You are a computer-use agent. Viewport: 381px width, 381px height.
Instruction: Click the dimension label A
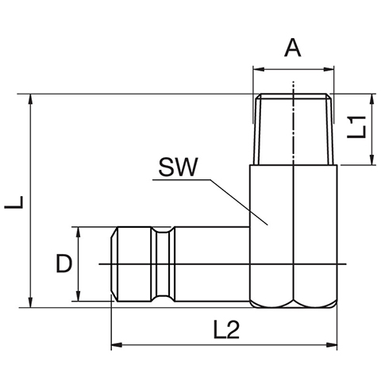pyautogui.click(x=293, y=48)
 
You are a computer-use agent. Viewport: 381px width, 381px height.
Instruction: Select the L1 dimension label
pyautogui.click(x=356, y=127)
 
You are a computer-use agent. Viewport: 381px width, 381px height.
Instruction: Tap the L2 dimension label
pyautogui.click(x=226, y=329)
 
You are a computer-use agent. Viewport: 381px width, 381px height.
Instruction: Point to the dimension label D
pyautogui.click(x=64, y=264)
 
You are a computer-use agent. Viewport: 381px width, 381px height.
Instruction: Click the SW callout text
pyautogui.click(x=178, y=167)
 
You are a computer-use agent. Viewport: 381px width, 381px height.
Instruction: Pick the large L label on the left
pyautogui.click(x=13, y=202)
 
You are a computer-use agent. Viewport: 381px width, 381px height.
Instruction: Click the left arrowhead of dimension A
pyautogui.click(x=259, y=70)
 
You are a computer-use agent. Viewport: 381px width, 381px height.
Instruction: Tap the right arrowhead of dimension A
pyautogui.click(x=329, y=70)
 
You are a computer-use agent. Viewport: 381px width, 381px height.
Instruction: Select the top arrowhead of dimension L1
pyautogui.click(x=372, y=99)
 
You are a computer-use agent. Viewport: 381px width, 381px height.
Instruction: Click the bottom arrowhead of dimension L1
pyautogui.click(x=372, y=160)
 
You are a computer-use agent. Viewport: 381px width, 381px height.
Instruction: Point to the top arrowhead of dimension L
pyautogui.click(x=31, y=99)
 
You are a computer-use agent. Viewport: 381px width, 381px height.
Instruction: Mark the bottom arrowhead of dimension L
pyautogui.click(x=31, y=302)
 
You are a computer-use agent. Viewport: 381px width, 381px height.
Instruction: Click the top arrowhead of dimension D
pyautogui.click(x=78, y=233)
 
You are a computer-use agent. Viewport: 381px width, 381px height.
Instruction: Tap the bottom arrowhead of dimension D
pyautogui.click(x=78, y=295)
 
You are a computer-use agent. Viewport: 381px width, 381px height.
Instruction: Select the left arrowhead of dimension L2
pyautogui.click(x=117, y=345)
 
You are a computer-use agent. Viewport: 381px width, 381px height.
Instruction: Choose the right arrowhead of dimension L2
pyautogui.click(x=332, y=345)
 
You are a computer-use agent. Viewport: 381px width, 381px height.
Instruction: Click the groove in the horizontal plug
pyautogui.click(x=163, y=264)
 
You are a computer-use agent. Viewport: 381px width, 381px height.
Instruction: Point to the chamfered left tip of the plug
pyautogui.click(x=114, y=264)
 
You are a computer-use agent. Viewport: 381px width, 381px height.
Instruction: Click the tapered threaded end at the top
pyautogui.click(x=293, y=129)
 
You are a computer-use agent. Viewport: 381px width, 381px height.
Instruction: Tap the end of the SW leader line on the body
pyautogui.click(x=267, y=225)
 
